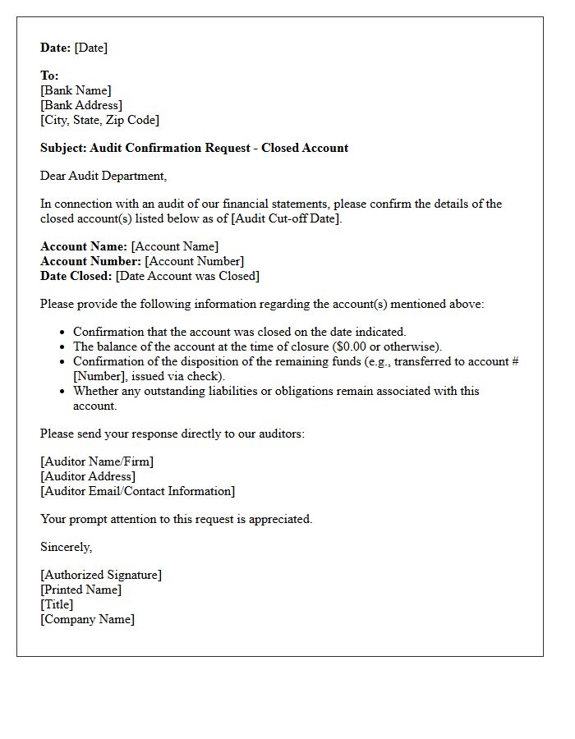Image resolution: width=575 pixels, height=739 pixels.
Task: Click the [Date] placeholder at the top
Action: coord(91,48)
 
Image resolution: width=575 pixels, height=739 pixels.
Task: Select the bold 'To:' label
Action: coord(49,76)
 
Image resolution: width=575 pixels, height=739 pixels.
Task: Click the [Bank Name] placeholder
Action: coord(76,90)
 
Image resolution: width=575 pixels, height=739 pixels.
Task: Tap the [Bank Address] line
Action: coord(81,105)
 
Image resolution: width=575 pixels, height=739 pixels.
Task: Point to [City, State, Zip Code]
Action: coord(99,120)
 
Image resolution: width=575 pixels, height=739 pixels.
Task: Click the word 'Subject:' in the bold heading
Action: coord(63,148)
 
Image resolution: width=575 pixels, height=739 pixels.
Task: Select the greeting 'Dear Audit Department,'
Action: coord(103,176)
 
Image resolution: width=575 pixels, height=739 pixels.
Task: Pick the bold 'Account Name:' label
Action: coord(84,246)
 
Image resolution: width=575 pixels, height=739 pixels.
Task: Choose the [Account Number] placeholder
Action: coord(195,261)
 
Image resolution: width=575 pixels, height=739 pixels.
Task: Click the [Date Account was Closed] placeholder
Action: coord(187,276)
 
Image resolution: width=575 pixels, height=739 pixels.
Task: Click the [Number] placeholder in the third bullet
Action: coord(100,376)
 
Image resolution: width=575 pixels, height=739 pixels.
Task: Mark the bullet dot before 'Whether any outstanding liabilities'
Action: coord(63,392)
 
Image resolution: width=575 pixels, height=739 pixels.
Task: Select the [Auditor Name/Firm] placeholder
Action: coord(97,461)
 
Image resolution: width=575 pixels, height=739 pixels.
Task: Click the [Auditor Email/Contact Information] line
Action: coord(137,491)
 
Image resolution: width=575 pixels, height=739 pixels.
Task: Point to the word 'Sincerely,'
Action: coord(67,547)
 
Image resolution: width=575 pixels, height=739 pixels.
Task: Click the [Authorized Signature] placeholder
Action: coord(101,575)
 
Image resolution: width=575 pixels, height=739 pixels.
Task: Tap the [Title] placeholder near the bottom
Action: coord(57,604)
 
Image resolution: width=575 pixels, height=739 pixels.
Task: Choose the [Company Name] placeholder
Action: coord(88,619)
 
